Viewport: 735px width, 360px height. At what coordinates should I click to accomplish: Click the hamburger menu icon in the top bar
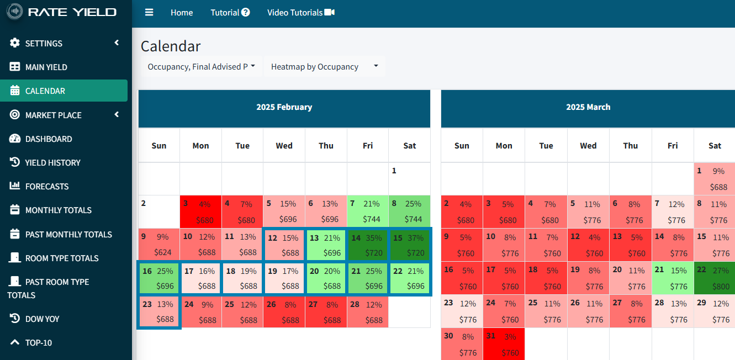(x=149, y=12)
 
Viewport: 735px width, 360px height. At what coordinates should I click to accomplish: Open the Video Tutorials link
(x=300, y=12)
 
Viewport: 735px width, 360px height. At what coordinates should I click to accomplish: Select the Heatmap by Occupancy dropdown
(x=324, y=67)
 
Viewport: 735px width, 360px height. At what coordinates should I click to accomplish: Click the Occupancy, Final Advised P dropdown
(x=201, y=67)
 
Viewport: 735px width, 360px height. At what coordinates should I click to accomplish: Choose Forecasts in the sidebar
(x=46, y=186)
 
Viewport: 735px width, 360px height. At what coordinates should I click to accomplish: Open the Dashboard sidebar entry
(x=48, y=139)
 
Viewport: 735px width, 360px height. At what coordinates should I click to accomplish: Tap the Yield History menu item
(x=52, y=162)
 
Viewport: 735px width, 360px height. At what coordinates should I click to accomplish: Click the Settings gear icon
(x=15, y=43)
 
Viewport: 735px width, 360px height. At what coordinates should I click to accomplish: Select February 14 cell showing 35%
(x=368, y=245)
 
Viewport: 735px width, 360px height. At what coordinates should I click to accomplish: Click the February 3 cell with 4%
(x=200, y=211)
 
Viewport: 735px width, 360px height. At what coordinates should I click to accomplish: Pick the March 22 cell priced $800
(x=714, y=278)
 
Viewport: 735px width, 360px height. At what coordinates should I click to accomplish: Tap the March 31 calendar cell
(x=504, y=345)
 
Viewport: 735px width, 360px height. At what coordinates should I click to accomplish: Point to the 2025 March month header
(x=588, y=107)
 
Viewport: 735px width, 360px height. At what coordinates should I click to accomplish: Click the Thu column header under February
(x=326, y=146)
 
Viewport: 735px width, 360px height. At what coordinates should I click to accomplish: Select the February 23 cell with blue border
(x=158, y=312)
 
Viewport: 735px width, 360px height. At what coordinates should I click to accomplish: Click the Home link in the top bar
(x=182, y=12)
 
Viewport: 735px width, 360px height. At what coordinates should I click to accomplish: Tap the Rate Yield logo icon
(x=15, y=12)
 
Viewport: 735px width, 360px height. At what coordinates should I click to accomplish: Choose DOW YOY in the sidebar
(x=42, y=319)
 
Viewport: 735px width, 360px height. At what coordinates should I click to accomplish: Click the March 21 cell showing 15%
(x=672, y=278)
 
